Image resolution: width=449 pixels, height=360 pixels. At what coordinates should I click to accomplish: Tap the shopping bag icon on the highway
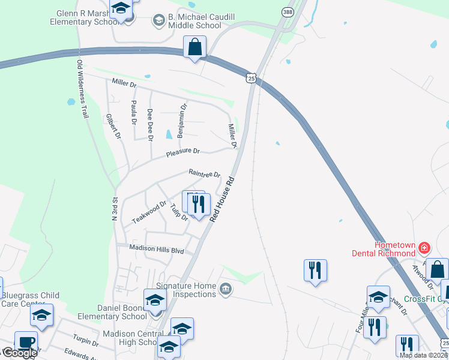coord(195,47)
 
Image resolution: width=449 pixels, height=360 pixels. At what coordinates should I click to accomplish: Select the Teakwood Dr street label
coord(149,212)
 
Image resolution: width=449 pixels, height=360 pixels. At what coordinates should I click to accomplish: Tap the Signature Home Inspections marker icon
coord(225,289)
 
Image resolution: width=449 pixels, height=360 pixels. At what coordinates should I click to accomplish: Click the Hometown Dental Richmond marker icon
coord(424,247)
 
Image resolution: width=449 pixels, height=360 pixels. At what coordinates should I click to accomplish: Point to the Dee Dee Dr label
coord(150,125)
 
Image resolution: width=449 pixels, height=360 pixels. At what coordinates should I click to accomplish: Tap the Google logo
coord(19,353)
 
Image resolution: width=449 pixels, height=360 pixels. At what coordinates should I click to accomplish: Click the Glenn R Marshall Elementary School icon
coord(121,9)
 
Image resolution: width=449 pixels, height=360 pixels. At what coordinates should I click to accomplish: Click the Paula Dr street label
coord(133,113)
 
